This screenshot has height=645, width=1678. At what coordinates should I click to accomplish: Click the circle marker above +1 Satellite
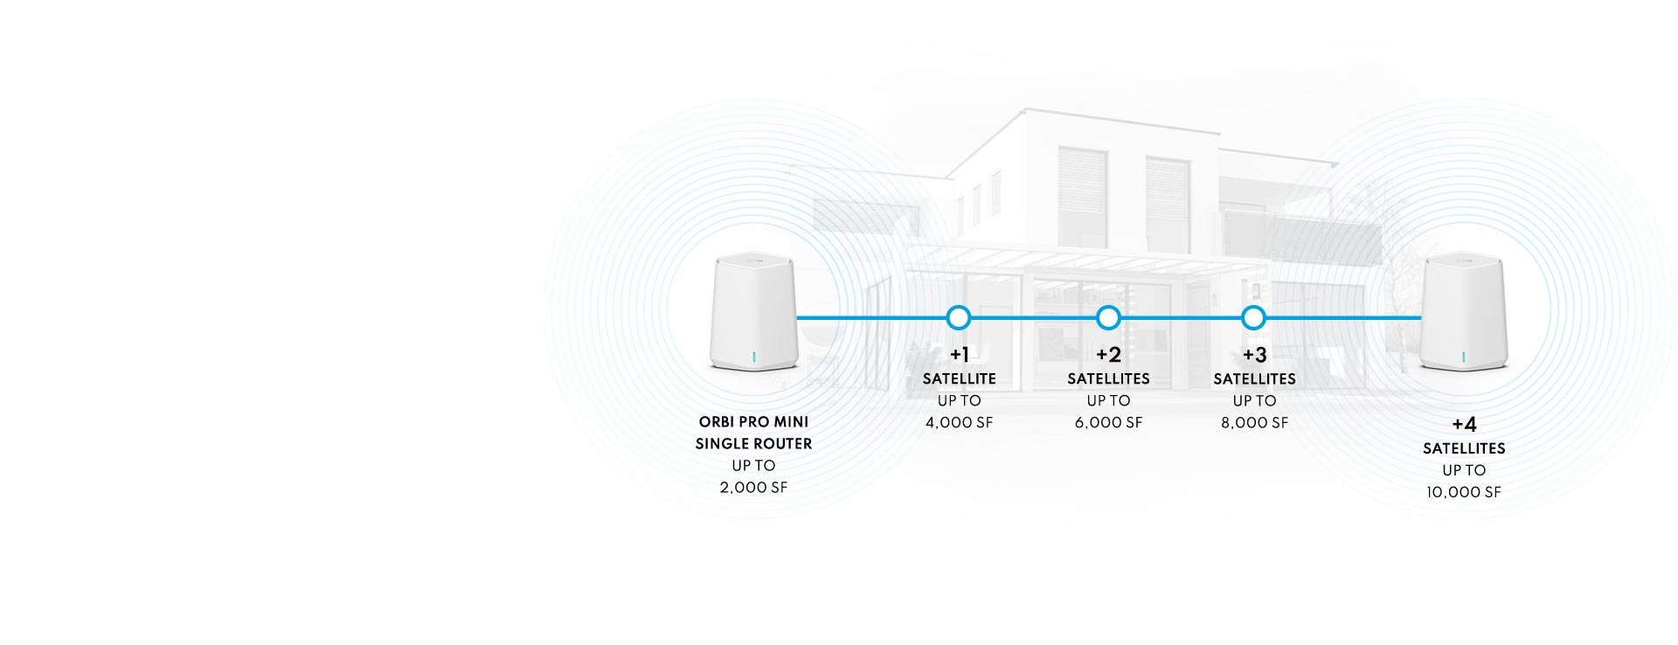(x=959, y=317)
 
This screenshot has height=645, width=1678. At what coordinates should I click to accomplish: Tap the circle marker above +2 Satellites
(x=1108, y=317)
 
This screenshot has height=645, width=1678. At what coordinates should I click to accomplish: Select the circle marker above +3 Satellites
(x=1253, y=317)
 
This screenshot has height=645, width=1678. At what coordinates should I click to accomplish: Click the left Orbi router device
(x=753, y=312)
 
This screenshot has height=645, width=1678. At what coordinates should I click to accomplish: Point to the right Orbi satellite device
(x=1464, y=312)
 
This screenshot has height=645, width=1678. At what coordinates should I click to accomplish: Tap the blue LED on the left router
(x=753, y=357)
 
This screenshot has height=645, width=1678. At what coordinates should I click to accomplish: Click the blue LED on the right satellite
(x=1464, y=357)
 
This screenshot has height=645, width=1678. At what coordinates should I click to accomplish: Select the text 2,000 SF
(x=753, y=488)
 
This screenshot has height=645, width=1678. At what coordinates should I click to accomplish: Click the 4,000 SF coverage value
(x=959, y=423)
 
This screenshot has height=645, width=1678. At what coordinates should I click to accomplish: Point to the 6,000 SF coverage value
(x=1108, y=423)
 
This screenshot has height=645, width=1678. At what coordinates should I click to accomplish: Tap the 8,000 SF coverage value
(x=1254, y=423)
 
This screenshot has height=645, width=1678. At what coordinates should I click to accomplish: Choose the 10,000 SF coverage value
(x=1464, y=493)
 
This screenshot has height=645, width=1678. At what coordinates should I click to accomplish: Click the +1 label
(x=959, y=355)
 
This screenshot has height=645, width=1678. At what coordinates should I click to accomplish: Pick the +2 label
(x=1108, y=355)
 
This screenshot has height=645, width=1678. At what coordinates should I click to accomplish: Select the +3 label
(x=1254, y=355)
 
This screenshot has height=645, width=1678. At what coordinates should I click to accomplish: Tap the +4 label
(x=1464, y=425)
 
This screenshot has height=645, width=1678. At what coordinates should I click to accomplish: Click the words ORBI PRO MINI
(x=753, y=422)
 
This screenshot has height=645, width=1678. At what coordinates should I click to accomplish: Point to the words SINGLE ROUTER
(x=753, y=444)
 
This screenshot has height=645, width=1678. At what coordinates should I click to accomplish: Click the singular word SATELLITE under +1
(x=959, y=378)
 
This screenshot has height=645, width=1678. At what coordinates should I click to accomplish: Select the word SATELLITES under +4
(x=1464, y=448)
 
